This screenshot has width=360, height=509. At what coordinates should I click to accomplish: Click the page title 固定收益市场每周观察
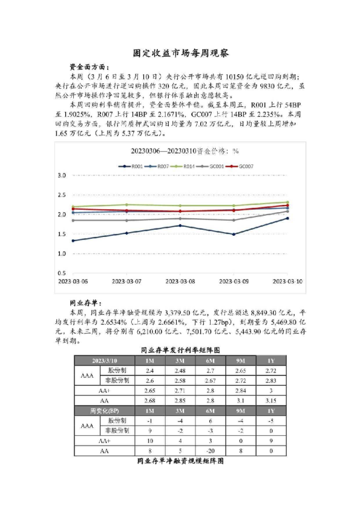click(180, 53)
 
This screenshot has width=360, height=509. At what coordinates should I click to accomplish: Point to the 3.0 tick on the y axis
click(61, 175)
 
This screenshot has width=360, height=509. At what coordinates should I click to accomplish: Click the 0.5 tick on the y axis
click(61, 273)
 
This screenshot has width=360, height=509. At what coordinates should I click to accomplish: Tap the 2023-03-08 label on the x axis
click(180, 282)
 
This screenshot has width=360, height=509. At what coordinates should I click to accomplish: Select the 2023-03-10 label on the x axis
click(287, 282)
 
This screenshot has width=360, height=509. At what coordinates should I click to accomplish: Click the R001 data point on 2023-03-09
click(234, 234)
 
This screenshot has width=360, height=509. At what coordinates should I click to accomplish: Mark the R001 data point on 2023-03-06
click(73, 241)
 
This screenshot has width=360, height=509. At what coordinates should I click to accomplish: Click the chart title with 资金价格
click(180, 151)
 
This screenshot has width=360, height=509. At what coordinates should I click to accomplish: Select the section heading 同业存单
click(86, 303)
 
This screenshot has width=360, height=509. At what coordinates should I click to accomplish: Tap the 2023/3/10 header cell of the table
click(105, 360)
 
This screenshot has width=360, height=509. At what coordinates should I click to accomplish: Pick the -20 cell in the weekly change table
click(205, 451)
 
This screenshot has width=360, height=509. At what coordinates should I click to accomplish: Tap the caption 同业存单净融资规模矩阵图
click(180, 461)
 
